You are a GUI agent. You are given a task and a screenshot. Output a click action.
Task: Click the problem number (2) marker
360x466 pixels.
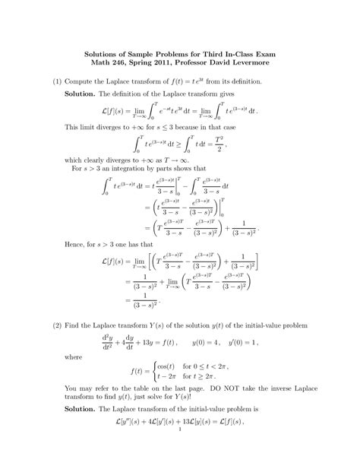pyautogui.click(x=57, y=325)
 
